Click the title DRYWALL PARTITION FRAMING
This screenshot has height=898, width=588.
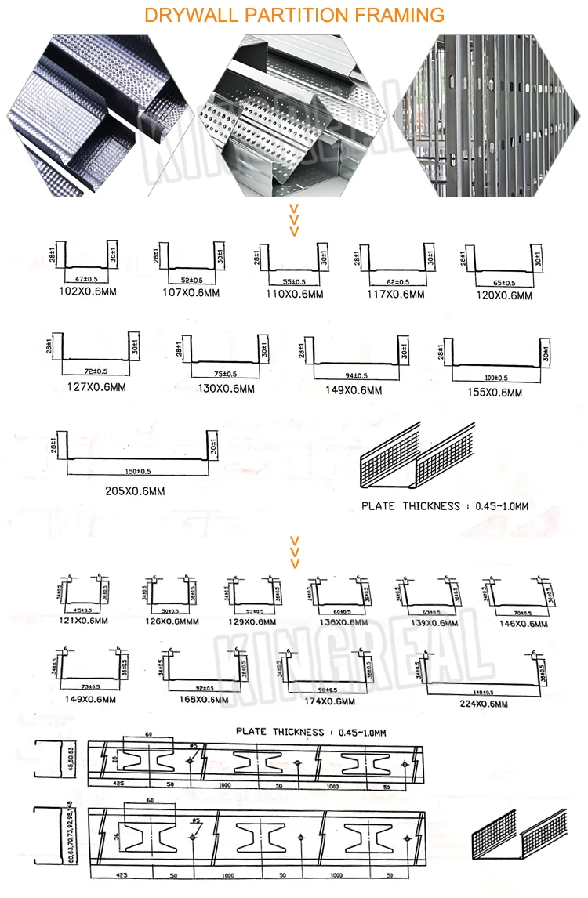pyautogui.click(x=294, y=15)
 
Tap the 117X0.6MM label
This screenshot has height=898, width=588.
pyautogui.click(x=395, y=295)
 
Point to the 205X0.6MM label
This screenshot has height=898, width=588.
pyautogui.click(x=134, y=491)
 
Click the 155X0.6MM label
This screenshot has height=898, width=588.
pyautogui.click(x=492, y=393)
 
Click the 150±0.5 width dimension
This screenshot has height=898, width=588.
pyautogui.click(x=138, y=470)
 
